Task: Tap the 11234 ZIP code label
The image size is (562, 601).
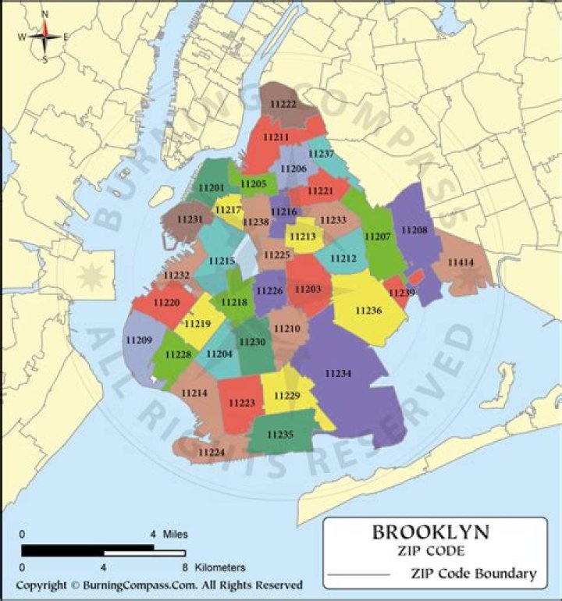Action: pyautogui.click(x=338, y=374)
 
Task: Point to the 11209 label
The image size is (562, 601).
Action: pyautogui.click(x=138, y=340)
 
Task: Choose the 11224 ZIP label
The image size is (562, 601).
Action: pyautogui.click(x=212, y=452)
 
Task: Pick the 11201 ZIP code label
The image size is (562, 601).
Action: pyautogui.click(x=211, y=188)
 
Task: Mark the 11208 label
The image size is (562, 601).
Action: pyautogui.click(x=414, y=230)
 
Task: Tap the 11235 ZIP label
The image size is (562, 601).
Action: pyautogui.click(x=280, y=434)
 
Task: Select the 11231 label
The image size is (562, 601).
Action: pyautogui.click(x=190, y=219)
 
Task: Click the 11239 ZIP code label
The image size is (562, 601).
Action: pyautogui.click(x=402, y=293)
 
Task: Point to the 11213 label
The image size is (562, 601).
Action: pyautogui.click(x=302, y=236)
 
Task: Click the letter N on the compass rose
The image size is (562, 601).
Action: pyautogui.click(x=44, y=14)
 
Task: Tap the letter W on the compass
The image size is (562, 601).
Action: pyautogui.click(x=22, y=37)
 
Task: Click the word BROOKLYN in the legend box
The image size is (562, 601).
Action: pyautogui.click(x=431, y=533)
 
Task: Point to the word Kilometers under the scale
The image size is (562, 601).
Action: pyautogui.click(x=221, y=567)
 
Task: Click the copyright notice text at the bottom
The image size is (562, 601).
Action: pyautogui.click(x=159, y=585)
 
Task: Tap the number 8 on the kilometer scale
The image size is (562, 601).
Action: pyautogui.click(x=184, y=567)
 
